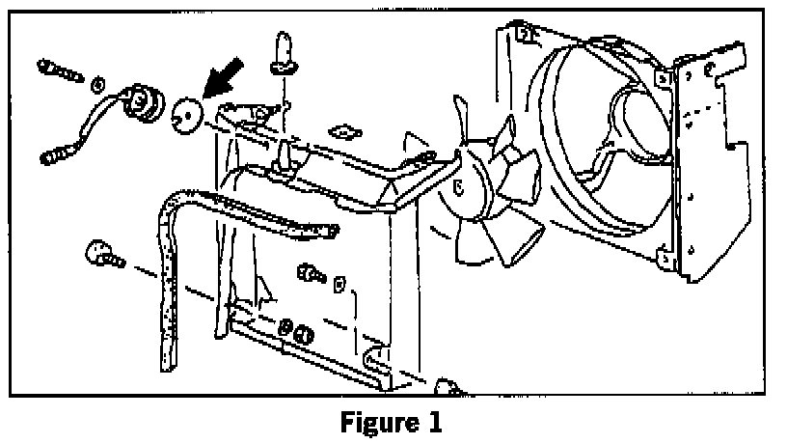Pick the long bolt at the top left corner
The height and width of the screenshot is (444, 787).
click(60, 70)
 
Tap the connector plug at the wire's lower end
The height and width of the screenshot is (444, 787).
click(56, 153)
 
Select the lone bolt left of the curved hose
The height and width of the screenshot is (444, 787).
click(102, 255)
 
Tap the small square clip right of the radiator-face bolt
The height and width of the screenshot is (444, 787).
click(339, 286)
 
